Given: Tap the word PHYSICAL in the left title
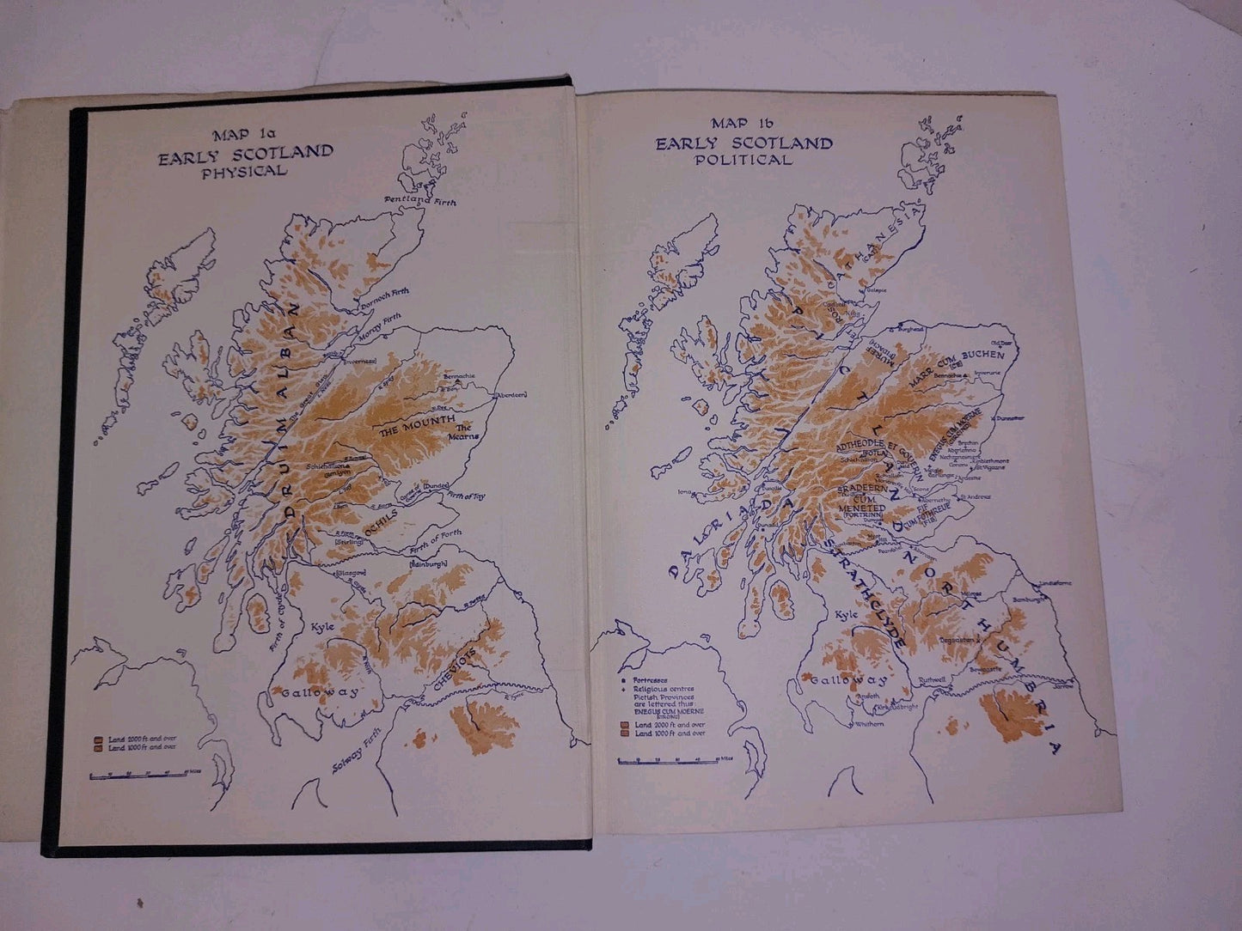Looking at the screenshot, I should (x=244, y=171).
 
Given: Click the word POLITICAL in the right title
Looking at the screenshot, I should (x=744, y=160).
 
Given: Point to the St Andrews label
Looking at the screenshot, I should (x=972, y=496).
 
